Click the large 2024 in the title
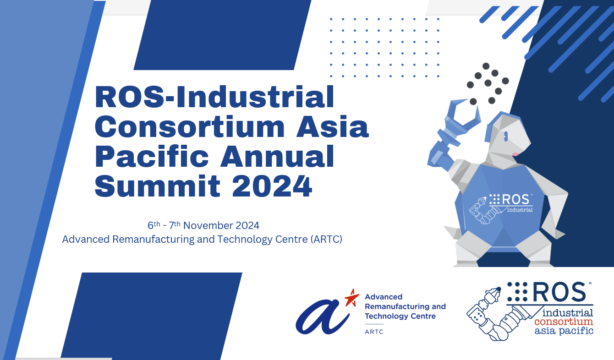click(x=272, y=186)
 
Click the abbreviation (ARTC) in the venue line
click(x=326, y=239)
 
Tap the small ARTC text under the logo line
click(x=374, y=332)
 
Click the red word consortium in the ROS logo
click(x=564, y=322)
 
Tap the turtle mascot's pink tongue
click(x=515, y=153)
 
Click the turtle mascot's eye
click(x=506, y=136)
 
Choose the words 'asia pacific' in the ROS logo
click(x=564, y=330)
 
